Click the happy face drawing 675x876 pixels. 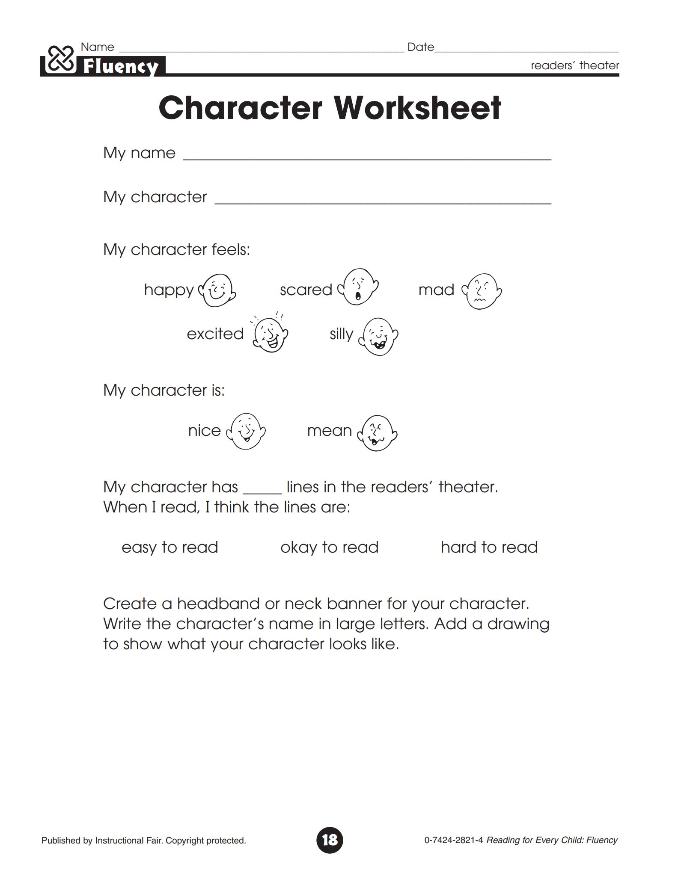(x=218, y=290)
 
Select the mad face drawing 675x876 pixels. (x=482, y=291)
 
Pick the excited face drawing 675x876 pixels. (x=270, y=334)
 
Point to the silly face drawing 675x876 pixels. (x=379, y=337)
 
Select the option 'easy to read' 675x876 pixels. (x=170, y=547)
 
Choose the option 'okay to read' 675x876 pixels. (x=329, y=547)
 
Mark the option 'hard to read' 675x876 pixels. (x=489, y=547)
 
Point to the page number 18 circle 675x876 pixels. (x=330, y=840)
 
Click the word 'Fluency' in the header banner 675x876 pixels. (x=121, y=67)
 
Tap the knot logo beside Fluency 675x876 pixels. (x=60, y=60)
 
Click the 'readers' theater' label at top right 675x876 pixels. (x=574, y=65)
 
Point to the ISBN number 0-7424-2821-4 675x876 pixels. (x=453, y=840)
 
